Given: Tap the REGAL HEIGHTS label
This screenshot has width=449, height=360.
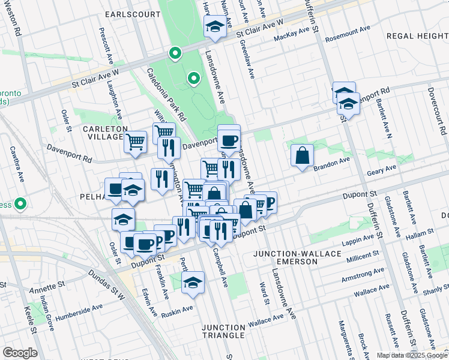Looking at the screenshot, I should (x=417, y=36).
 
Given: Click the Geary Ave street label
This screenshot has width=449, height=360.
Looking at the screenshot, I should (x=379, y=172).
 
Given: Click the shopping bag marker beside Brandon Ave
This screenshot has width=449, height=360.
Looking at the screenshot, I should (x=302, y=155).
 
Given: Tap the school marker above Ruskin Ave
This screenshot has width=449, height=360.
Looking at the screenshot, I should (x=193, y=281).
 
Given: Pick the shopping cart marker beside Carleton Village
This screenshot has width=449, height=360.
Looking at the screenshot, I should (x=136, y=142).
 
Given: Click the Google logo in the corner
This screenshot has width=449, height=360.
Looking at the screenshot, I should (x=20, y=353).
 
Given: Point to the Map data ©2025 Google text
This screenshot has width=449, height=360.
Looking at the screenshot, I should (x=412, y=355).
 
